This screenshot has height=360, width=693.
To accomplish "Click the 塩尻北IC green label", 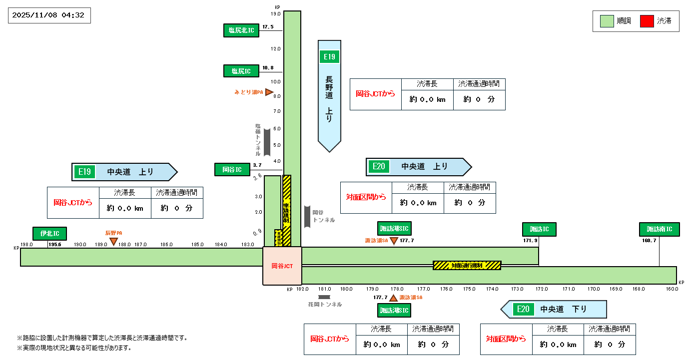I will (x=241, y=30).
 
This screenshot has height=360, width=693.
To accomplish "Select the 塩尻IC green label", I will (x=241, y=71).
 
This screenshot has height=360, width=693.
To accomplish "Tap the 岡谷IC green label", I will (x=232, y=169).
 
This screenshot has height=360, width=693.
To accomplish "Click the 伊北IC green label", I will (x=50, y=233).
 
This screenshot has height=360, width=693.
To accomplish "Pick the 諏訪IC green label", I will (x=539, y=229).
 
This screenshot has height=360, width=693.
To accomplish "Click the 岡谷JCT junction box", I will (x=282, y=266).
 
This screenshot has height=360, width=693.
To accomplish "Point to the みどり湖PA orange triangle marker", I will (x=269, y=92).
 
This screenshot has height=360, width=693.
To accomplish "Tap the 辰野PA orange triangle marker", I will (x=114, y=242).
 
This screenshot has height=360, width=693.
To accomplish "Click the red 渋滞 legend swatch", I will (x=647, y=21).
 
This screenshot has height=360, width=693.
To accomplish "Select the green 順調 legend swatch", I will (x=607, y=21).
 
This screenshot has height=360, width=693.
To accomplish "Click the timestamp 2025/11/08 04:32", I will (x=49, y=15).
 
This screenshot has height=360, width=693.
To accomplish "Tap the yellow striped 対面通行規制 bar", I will (x=467, y=265).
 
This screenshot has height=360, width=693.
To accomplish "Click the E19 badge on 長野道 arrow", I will (x=329, y=56).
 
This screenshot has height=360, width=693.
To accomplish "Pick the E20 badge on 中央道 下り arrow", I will (x=523, y=309).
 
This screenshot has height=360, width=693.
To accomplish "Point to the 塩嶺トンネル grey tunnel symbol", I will (x=267, y=142).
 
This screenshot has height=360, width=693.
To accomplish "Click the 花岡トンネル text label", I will (x=325, y=304).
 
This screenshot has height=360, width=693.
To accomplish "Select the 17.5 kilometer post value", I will (x=268, y=27).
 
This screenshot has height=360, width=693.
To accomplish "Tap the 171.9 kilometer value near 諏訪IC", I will (x=531, y=241).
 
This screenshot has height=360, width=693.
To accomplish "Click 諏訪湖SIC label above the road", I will (x=394, y=229).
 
